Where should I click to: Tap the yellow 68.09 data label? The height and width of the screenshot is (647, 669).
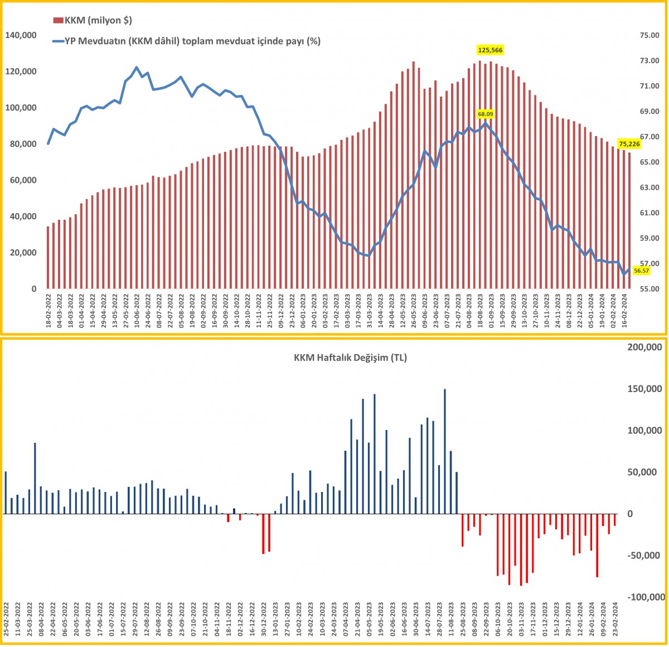[x=486, y=114]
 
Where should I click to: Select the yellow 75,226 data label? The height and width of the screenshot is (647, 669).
[x=629, y=144]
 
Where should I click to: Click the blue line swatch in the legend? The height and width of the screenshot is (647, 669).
[x=57, y=41]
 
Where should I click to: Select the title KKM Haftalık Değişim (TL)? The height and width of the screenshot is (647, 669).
[x=350, y=358]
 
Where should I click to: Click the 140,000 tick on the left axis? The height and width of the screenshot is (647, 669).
[x=21, y=35]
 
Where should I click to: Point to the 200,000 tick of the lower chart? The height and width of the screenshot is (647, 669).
[x=644, y=347]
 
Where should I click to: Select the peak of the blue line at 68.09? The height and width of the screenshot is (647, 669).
[x=486, y=123]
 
